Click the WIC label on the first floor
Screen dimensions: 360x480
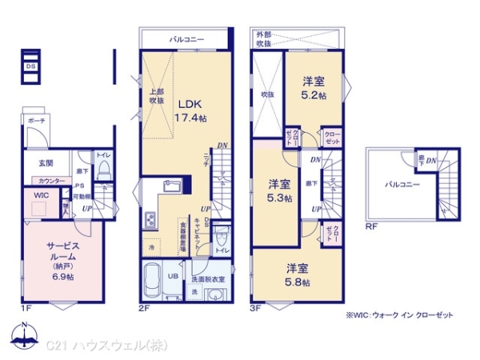(x=41, y=194)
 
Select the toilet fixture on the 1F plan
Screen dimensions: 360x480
(x=103, y=170)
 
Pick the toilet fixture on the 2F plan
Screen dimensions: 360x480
(x=222, y=238)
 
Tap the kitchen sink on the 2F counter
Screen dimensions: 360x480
(x=174, y=186)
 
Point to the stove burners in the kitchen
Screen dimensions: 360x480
(x=149, y=218)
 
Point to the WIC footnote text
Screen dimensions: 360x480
(x=399, y=314)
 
